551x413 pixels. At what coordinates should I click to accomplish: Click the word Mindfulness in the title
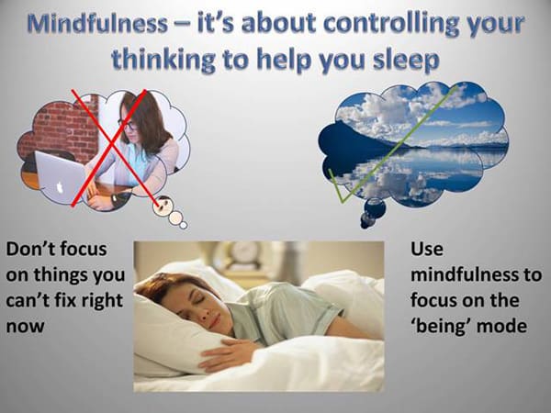[97, 24]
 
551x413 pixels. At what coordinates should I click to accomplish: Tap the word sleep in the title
[406, 60]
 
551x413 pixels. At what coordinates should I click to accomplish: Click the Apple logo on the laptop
[61, 188]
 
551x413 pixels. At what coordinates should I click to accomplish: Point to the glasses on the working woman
[128, 125]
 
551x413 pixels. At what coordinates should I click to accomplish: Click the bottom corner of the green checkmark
[342, 202]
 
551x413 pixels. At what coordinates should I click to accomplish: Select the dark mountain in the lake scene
[354, 140]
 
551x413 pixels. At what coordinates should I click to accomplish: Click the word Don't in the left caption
[32, 249]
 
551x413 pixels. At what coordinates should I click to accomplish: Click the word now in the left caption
[26, 327]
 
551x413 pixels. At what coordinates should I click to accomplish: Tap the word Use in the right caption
[427, 249]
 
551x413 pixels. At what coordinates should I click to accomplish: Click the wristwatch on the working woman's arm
[115, 198]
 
